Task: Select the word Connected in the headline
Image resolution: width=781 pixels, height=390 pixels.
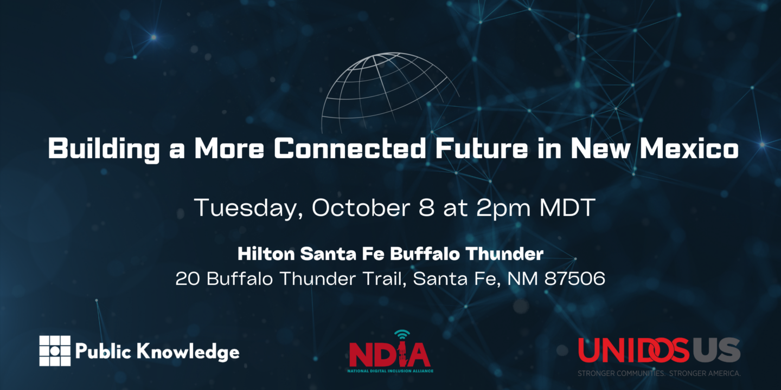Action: coord(350,148)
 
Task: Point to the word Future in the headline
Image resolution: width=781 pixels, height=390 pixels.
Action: coord(482,148)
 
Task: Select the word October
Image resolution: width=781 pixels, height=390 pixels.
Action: coord(361,207)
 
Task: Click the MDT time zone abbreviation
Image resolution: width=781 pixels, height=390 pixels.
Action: coord(567,207)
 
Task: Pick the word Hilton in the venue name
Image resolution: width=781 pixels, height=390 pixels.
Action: coord(266,254)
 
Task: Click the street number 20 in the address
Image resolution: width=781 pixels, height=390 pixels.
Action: coord(188,278)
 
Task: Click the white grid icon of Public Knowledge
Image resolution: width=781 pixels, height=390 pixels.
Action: coord(55,350)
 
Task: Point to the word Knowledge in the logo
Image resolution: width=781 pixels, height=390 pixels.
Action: coord(188,352)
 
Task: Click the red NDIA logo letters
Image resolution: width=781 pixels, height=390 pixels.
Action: coord(389,353)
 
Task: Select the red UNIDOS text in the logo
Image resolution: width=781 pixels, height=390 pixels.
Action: coord(633,350)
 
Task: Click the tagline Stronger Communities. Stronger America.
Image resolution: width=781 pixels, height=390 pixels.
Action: coord(659,373)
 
